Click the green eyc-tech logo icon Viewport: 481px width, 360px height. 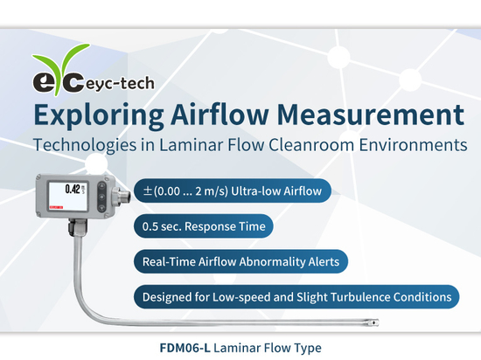pyautogui.click(x=53, y=82)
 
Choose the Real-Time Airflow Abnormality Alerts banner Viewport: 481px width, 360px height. pyautogui.click(x=240, y=260)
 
